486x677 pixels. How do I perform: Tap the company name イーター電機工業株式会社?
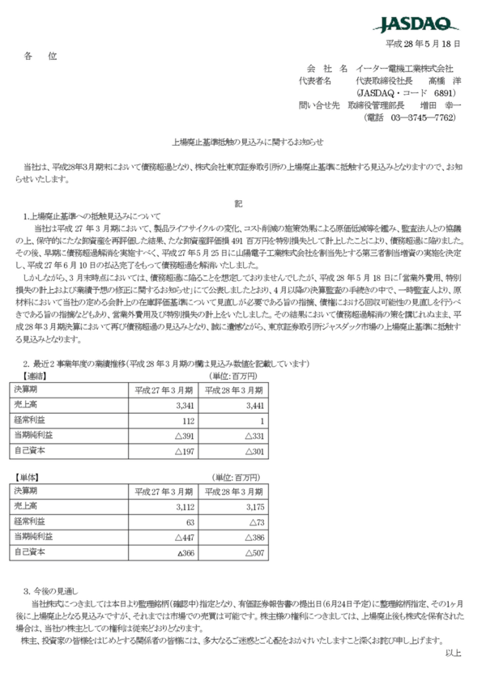[404, 68]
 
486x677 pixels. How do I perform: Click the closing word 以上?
[453, 652]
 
